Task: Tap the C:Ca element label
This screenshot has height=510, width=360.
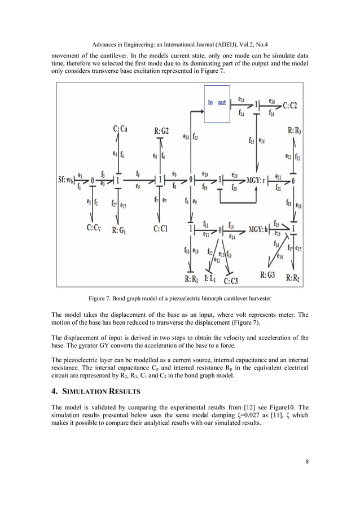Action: click(120, 129)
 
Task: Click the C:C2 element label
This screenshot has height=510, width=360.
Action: click(290, 105)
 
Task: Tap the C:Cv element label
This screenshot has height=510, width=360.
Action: click(97, 229)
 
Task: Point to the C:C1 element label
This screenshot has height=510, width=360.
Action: click(163, 229)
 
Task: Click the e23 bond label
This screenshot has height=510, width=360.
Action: click(186, 136)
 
